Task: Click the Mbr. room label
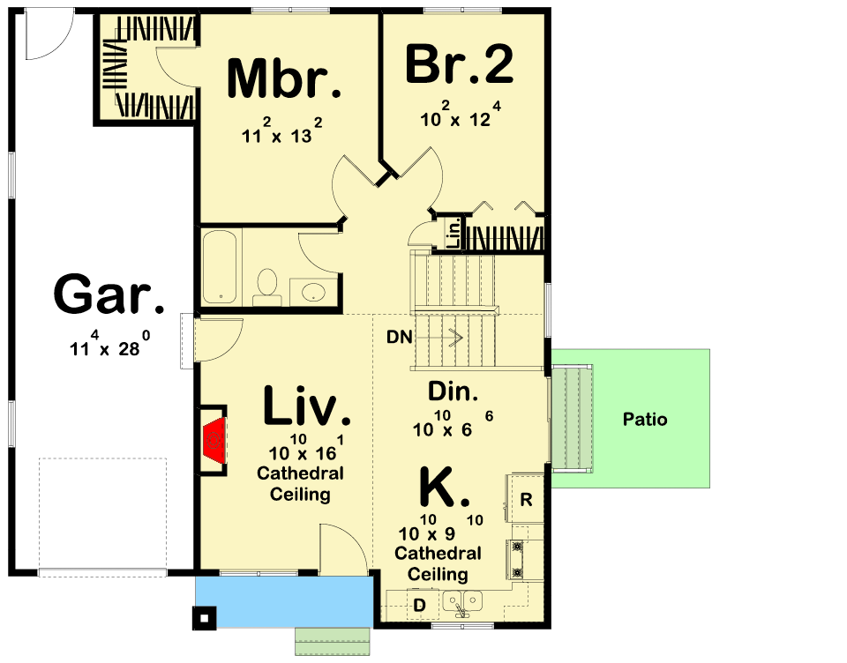(x=284, y=78)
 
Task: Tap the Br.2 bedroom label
(x=459, y=64)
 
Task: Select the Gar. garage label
(x=109, y=294)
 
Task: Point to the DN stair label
(x=399, y=337)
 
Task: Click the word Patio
(x=645, y=419)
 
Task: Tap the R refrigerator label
(x=526, y=499)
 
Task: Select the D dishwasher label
(x=419, y=605)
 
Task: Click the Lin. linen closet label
(x=455, y=233)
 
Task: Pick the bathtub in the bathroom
(x=220, y=267)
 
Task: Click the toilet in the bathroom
(x=266, y=287)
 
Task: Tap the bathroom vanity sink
(x=312, y=293)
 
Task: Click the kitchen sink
(x=463, y=601)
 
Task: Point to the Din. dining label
(x=453, y=391)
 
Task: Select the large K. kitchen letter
(x=444, y=488)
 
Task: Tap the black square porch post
(x=205, y=618)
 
